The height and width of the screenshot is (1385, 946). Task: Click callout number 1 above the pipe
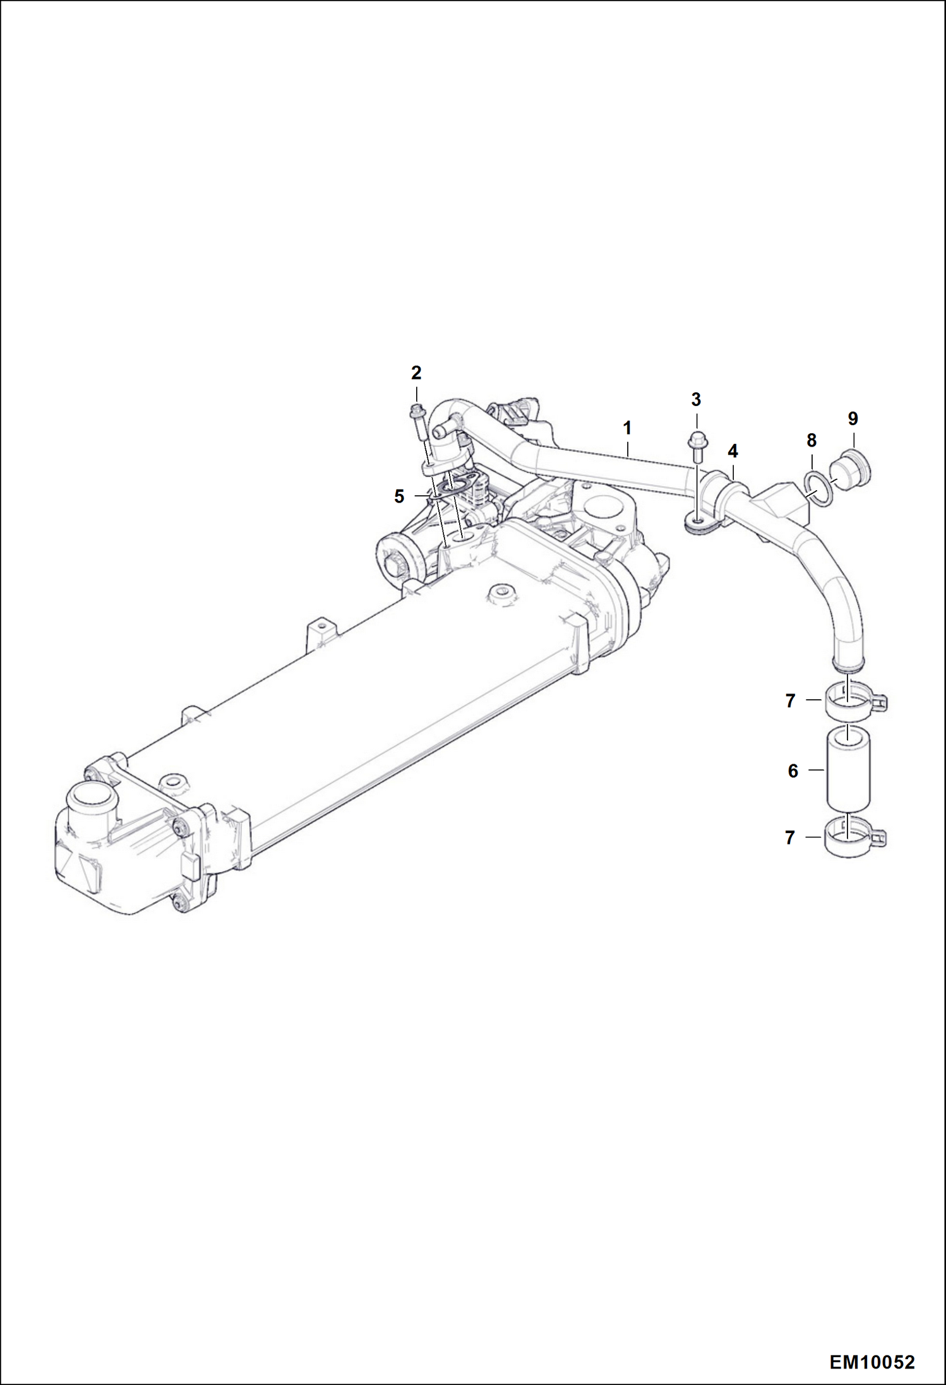pos(627,428)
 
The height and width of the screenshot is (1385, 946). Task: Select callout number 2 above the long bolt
pos(416,373)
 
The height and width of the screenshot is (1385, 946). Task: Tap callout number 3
pos(696,400)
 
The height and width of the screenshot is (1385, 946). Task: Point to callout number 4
pos(733,451)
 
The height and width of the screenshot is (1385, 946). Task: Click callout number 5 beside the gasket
pos(399,496)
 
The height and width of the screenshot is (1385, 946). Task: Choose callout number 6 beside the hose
pos(793,770)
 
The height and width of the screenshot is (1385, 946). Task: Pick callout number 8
pos(811,440)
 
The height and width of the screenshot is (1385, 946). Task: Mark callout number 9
pos(853,418)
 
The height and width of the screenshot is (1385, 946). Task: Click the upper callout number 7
pos(790,701)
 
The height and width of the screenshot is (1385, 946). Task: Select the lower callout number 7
pos(790,837)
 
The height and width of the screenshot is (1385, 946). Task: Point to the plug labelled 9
pos(847,471)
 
